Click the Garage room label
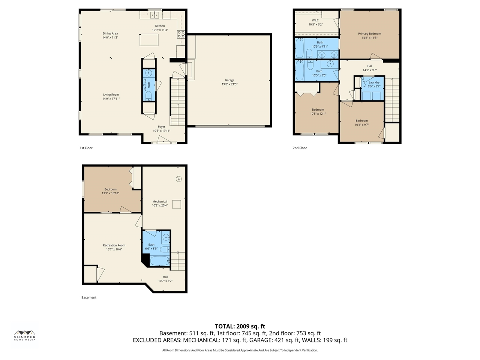coord(229,80)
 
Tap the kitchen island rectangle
coord(149,40)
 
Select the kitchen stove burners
coord(181,34)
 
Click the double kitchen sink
coord(154,15)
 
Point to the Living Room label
coord(111,94)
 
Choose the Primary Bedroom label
coord(369,34)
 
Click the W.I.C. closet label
coord(315,20)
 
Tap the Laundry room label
coord(374,82)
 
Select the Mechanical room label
coord(160,201)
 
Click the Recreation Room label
coord(114,245)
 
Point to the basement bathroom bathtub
coord(160,261)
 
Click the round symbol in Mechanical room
coord(178,179)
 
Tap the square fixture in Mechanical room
coord(177,204)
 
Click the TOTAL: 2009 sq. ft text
coord(240,326)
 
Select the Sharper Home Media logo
coord(25,335)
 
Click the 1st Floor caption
coord(86,148)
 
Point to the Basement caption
coord(89,297)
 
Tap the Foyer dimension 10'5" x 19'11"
coord(161,131)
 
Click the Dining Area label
coord(110,33)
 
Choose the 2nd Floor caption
coord(300,148)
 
